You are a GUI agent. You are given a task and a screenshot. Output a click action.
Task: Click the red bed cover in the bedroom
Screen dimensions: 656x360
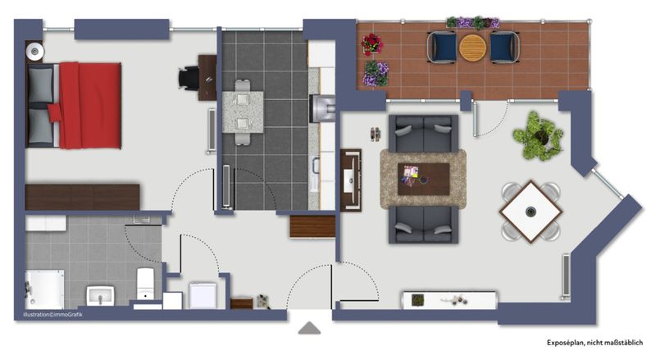[x=90, y=106]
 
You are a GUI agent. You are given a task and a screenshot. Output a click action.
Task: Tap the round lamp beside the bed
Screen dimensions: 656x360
[x=34, y=52]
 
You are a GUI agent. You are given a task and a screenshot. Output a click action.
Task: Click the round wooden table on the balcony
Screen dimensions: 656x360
[x=473, y=48]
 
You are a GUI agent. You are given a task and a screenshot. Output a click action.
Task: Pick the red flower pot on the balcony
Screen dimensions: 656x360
[x=371, y=44]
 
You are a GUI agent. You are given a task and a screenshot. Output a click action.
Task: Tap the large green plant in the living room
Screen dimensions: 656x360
[x=538, y=136]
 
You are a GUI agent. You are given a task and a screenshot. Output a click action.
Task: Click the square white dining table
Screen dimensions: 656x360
[x=531, y=212]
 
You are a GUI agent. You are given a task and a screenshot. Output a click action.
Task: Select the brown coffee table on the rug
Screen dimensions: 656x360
[x=423, y=179]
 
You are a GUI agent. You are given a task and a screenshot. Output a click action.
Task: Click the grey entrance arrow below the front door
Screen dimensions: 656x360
[x=310, y=328]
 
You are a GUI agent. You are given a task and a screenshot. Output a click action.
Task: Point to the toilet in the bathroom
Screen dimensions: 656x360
[x=145, y=284]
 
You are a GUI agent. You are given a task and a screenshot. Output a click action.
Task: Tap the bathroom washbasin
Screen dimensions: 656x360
[x=100, y=295]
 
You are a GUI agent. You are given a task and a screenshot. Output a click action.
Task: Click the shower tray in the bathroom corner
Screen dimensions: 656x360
[x=44, y=289]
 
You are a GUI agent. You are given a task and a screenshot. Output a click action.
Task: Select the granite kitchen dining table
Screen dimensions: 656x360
[x=243, y=112]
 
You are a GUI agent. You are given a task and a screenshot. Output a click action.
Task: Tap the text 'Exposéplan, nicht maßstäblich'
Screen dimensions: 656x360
[x=594, y=343]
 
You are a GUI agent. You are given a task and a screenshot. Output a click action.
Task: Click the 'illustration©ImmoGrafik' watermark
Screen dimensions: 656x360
[x=52, y=314]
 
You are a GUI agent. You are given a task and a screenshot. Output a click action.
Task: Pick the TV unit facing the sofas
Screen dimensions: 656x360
[x=351, y=180]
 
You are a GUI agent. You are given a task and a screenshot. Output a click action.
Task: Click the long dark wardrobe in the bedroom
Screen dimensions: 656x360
[x=83, y=197]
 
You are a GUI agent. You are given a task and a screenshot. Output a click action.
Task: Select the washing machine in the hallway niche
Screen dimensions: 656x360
[x=203, y=295]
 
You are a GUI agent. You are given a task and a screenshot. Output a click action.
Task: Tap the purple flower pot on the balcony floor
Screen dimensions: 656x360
[x=376, y=74]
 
